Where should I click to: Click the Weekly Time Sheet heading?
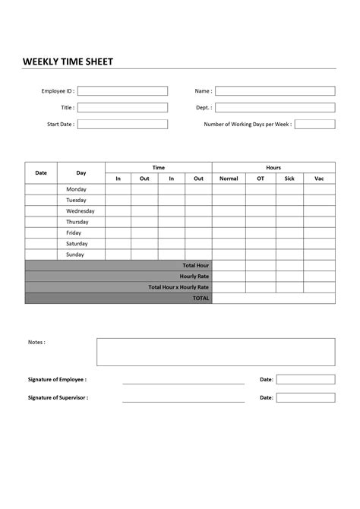click(x=68, y=61)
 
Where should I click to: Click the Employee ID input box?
click(x=122, y=91)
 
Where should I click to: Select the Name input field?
click(x=275, y=91)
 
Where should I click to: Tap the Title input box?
click(x=122, y=108)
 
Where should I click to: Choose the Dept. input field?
click(x=275, y=108)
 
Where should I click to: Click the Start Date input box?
click(x=122, y=125)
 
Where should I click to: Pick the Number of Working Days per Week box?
click(x=314, y=125)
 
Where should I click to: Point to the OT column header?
click(x=261, y=179)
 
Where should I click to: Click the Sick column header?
click(x=289, y=179)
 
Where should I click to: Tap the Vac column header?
click(x=319, y=179)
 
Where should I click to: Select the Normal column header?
click(x=229, y=179)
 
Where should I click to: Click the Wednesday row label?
click(x=81, y=211)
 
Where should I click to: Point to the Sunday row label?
click(x=75, y=254)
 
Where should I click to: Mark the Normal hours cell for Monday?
click(x=229, y=189)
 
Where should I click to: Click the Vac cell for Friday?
click(x=319, y=232)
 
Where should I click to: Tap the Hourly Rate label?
click(x=194, y=277)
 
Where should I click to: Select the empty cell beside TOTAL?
click(x=273, y=299)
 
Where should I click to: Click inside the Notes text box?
click(x=216, y=352)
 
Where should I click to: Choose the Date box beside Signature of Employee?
click(x=305, y=379)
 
